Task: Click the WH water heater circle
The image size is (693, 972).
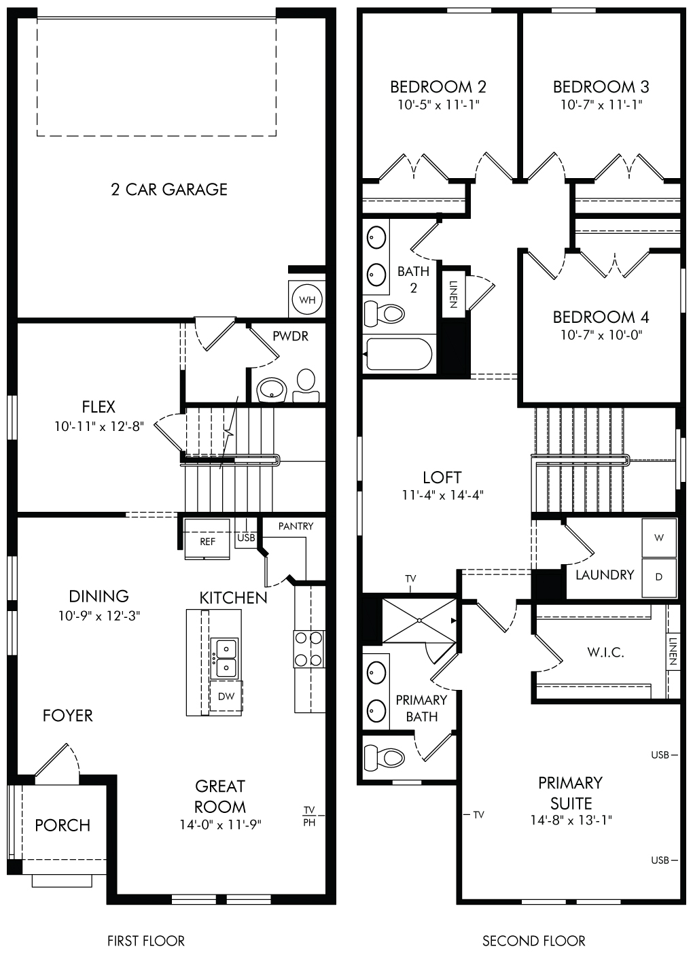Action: (x=307, y=299)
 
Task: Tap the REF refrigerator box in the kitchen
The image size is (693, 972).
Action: (x=207, y=539)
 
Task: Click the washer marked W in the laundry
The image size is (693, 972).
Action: (x=659, y=538)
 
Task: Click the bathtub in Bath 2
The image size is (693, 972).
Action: (x=399, y=353)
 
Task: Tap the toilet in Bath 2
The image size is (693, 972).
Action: (x=385, y=313)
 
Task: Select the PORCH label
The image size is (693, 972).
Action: (x=63, y=825)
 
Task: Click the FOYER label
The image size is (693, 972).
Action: (x=68, y=716)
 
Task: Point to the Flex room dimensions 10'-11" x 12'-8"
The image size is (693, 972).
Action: (x=99, y=426)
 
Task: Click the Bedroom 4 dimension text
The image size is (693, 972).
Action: (x=601, y=334)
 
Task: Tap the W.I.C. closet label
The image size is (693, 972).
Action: (x=605, y=653)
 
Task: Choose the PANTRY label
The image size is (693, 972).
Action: (x=296, y=526)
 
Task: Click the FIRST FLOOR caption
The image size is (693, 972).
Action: (x=146, y=941)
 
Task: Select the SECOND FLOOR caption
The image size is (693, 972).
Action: (x=534, y=941)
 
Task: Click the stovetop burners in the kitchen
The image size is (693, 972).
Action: (x=308, y=649)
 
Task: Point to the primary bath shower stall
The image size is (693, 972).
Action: (x=419, y=621)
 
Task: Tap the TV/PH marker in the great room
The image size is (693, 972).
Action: (x=309, y=816)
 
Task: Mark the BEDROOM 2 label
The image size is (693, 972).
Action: (x=438, y=87)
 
